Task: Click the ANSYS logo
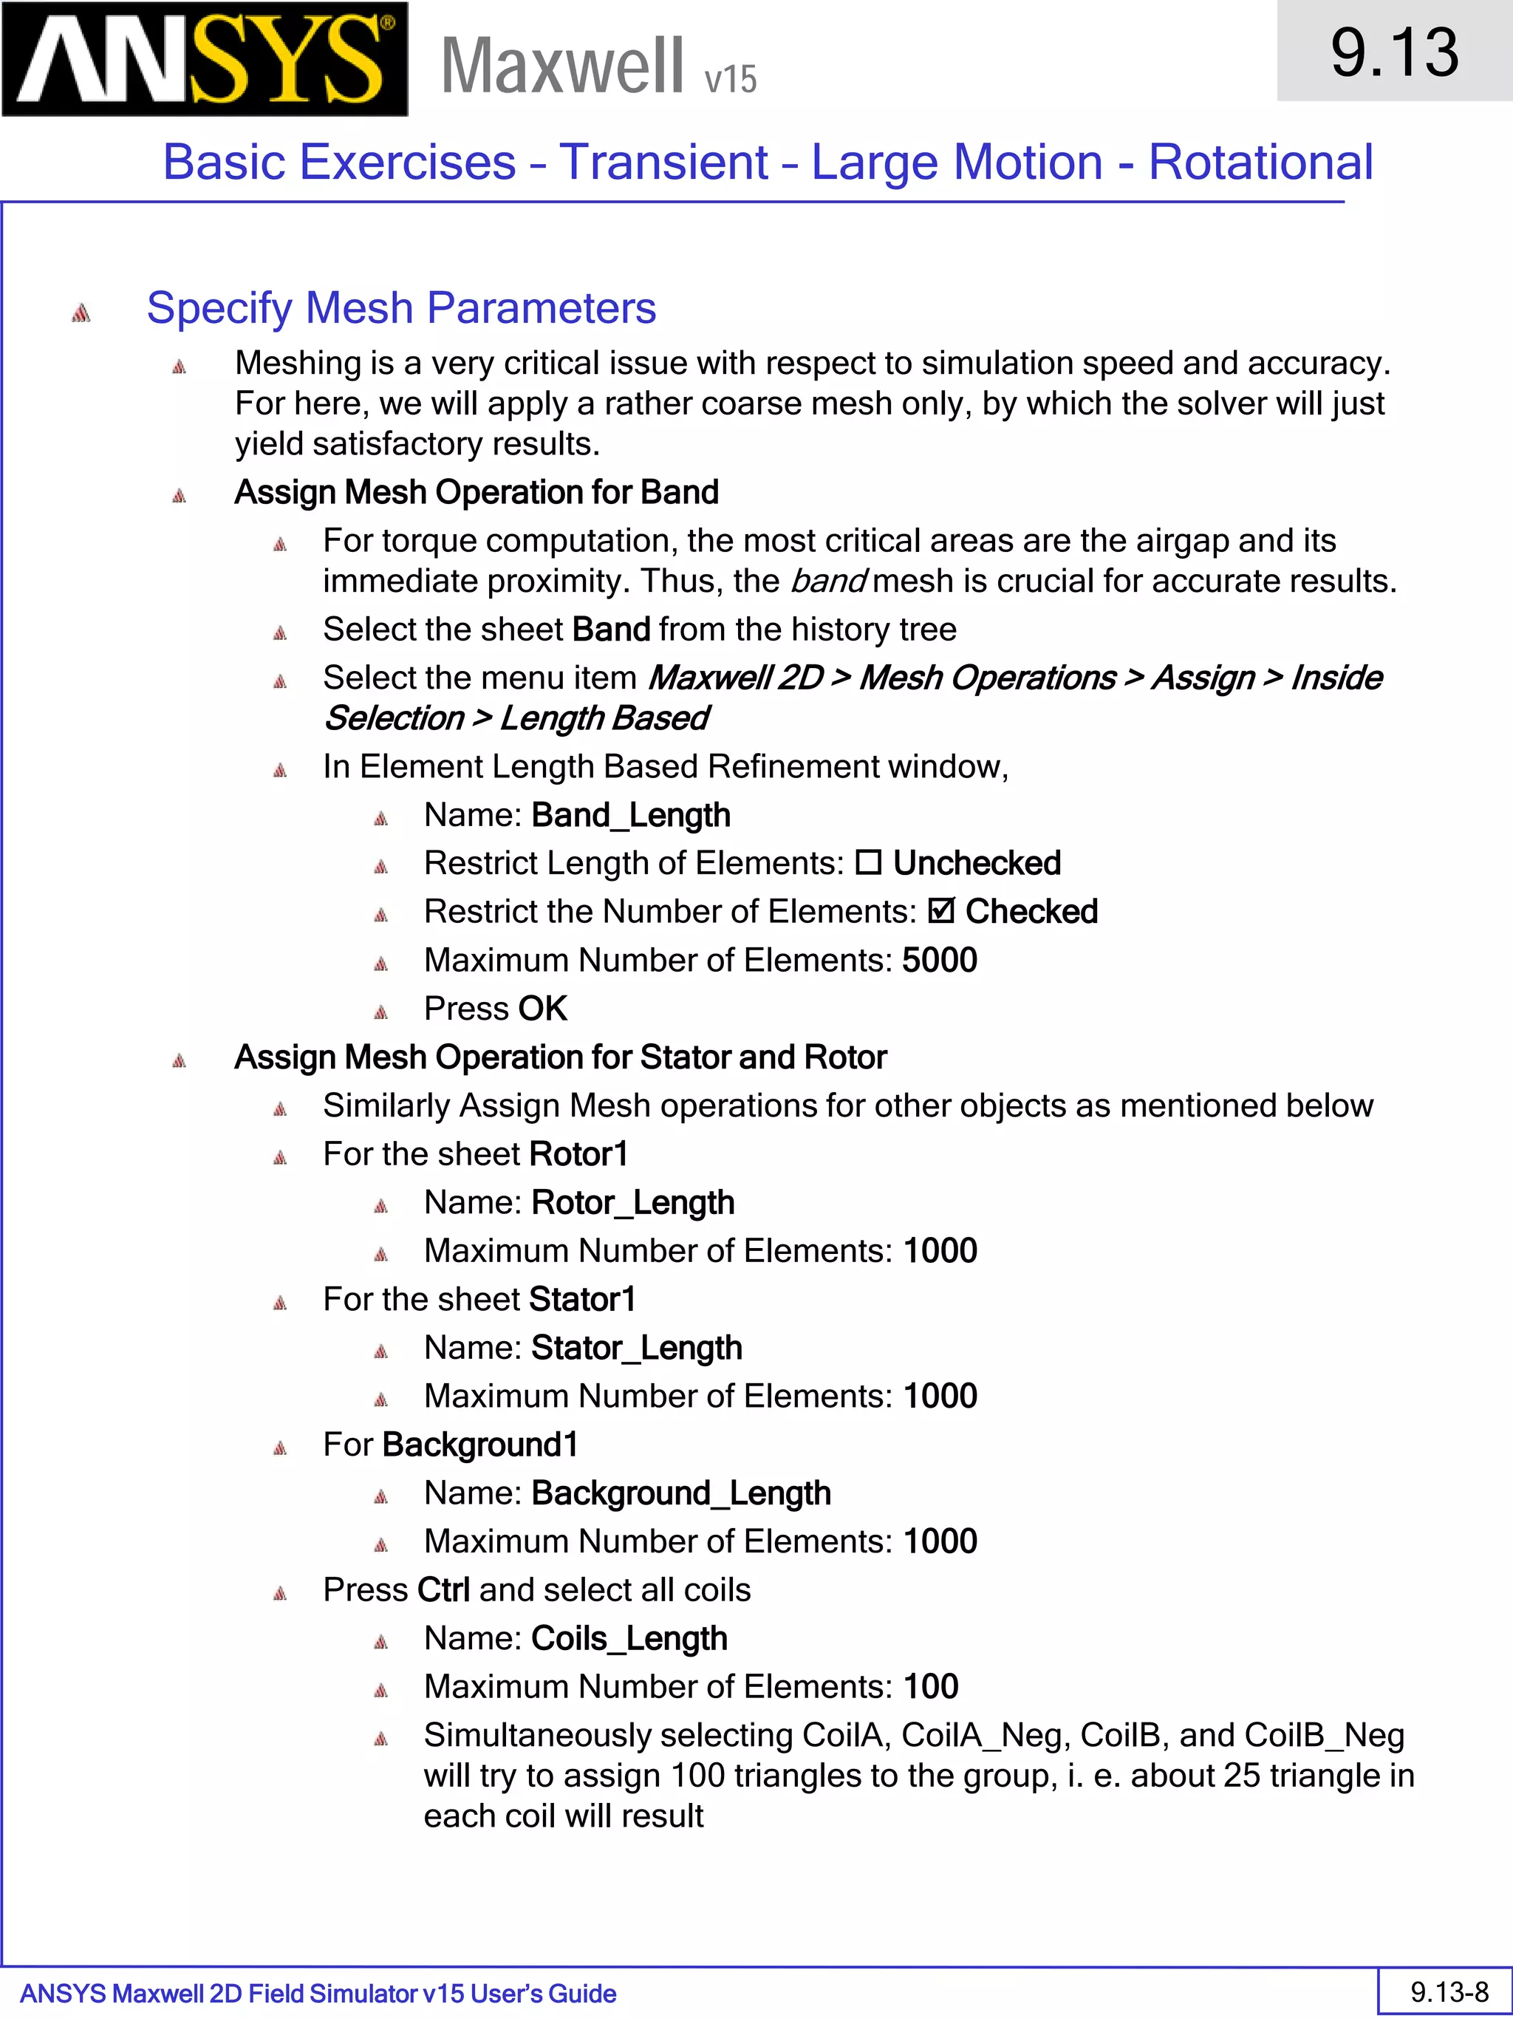click(205, 59)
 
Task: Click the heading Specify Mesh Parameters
click(401, 307)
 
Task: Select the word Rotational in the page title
click(1260, 163)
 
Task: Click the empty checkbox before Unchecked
click(868, 862)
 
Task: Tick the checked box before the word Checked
click(941, 910)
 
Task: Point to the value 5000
click(940, 960)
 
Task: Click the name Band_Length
click(631, 815)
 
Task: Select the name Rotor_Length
click(633, 1202)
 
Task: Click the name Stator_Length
click(637, 1348)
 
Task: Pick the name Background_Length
click(681, 1493)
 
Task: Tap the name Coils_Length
click(629, 1638)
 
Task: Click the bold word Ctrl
click(443, 1590)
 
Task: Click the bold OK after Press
click(543, 1008)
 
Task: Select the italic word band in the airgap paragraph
click(828, 581)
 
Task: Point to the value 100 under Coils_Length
click(931, 1687)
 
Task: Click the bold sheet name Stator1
click(582, 1299)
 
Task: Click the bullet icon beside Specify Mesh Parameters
click(81, 313)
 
